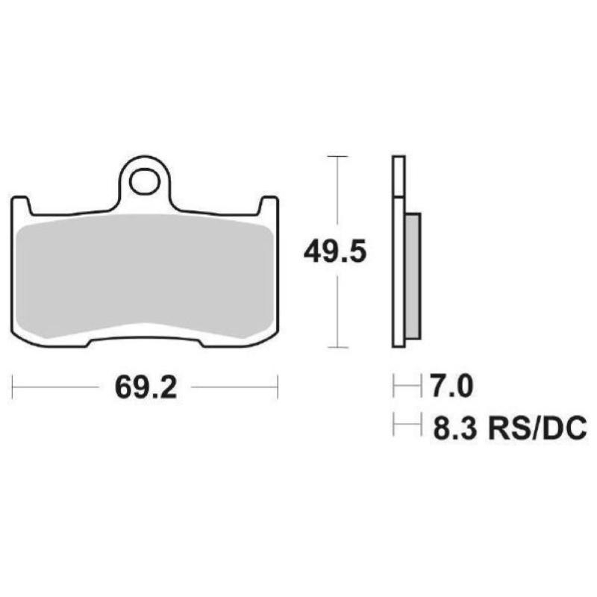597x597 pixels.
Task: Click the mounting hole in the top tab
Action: (x=146, y=181)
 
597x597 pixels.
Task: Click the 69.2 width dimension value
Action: (x=146, y=387)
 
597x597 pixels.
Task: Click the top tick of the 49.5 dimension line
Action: (x=338, y=157)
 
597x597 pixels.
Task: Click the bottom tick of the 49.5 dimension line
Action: (x=338, y=347)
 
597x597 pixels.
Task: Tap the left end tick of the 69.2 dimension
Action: (x=13, y=387)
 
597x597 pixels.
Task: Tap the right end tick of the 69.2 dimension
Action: (x=278, y=387)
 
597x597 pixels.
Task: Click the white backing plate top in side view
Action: (x=398, y=175)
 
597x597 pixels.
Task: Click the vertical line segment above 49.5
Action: (x=338, y=194)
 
